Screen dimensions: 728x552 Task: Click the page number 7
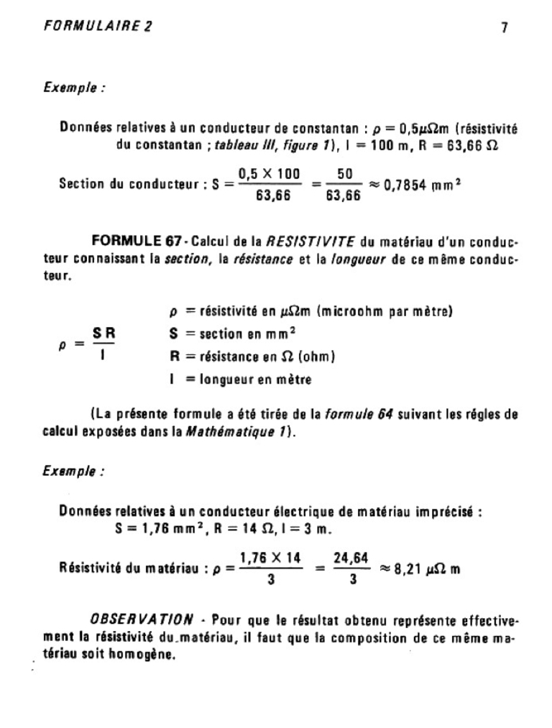[505, 28]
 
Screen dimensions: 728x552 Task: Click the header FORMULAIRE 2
[98, 27]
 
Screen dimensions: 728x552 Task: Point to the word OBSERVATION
[142, 619]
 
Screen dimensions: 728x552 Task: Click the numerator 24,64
[351, 557]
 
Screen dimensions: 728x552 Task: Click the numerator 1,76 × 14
[270, 557]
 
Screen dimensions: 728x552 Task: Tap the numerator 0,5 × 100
[269, 173]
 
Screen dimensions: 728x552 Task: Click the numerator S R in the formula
[104, 333]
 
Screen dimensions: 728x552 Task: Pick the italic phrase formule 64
[357, 414]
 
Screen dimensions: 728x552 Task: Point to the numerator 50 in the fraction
[344, 173]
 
